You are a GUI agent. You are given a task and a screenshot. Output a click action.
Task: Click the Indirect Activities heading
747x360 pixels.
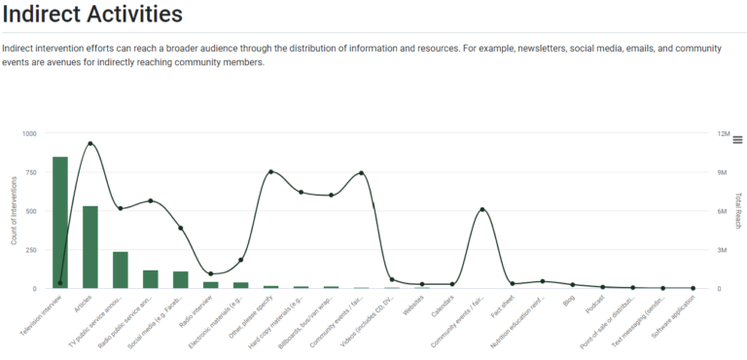tap(92, 15)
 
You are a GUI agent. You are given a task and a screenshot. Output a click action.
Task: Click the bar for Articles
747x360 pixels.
tap(90, 247)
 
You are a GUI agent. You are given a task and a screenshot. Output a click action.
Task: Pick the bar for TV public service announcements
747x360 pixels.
tap(121, 270)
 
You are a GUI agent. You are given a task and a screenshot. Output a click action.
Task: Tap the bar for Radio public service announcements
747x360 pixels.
tap(151, 279)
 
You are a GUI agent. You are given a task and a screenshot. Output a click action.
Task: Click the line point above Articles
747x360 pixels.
tap(90, 144)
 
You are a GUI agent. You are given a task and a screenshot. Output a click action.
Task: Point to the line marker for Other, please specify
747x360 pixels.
tap(270, 172)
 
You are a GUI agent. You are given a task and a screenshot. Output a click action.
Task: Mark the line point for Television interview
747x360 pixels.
tap(60, 283)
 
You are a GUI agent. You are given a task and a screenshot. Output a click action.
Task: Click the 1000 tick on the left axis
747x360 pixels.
tap(29, 133)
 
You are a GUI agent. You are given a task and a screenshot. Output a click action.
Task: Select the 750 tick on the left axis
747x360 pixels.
tap(30, 172)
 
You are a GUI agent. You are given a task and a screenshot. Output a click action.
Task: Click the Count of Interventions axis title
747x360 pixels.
tap(15, 210)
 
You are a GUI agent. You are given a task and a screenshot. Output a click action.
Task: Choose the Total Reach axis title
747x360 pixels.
tap(739, 210)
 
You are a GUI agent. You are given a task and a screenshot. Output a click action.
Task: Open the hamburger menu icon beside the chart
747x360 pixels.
tap(737, 140)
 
